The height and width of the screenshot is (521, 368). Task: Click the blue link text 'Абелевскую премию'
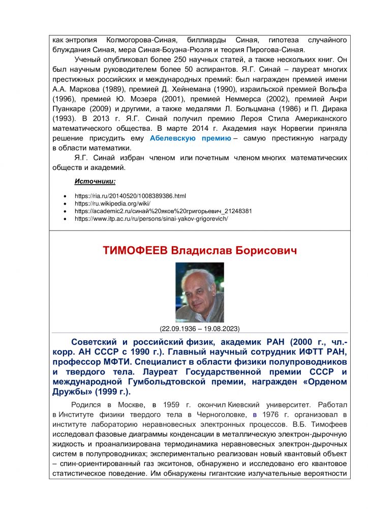[191, 138]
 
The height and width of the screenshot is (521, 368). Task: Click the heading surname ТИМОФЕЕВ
[135, 251]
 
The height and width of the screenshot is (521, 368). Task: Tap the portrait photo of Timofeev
[199, 293]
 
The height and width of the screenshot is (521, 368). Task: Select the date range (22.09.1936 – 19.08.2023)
[199, 328]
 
